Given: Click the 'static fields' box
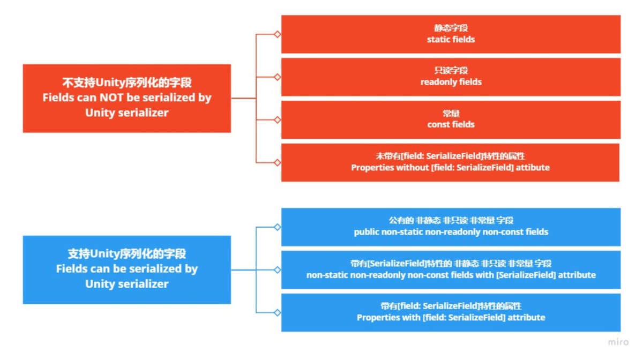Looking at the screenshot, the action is (x=451, y=34).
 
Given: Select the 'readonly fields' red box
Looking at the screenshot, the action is (x=451, y=77).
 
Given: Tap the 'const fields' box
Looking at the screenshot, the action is (x=451, y=119).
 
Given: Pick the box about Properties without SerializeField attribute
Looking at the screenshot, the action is (x=450, y=162).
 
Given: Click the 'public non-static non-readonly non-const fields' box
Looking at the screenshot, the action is (x=451, y=227).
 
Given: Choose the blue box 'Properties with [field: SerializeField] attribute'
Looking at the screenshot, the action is (x=451, y=313).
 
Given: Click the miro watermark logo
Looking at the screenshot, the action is (x=618, y=342).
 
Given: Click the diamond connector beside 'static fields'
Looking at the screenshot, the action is (x=278, y=34).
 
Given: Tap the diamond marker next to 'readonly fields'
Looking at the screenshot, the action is (x=278, y=77).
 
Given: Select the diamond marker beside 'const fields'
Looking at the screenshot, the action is (x=278, y=119).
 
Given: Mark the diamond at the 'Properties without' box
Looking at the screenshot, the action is (x=278, y=162).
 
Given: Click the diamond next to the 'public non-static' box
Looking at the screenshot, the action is (x=278, y=227).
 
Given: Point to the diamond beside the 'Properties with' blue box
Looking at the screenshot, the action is (x=278, y=313).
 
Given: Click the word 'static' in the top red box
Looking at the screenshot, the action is (x=438, y=39).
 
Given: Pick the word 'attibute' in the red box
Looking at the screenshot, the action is (x=533, y=167).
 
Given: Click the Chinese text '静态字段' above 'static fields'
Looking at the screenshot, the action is (x=451, y=28).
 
